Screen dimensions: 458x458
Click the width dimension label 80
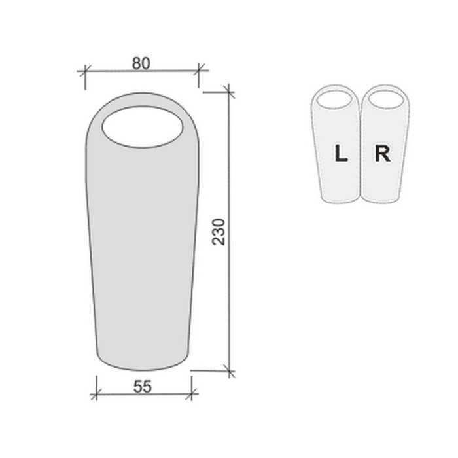point(141,63)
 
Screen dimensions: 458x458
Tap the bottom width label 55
point(142,387)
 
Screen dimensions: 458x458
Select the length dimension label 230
point(220,232)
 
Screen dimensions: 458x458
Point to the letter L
point(340,154)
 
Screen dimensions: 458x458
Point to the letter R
point(382,154)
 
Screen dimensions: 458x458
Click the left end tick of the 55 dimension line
point(96,395)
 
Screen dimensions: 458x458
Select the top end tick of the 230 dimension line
point(228,91)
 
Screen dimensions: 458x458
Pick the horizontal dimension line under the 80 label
point(141,70)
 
